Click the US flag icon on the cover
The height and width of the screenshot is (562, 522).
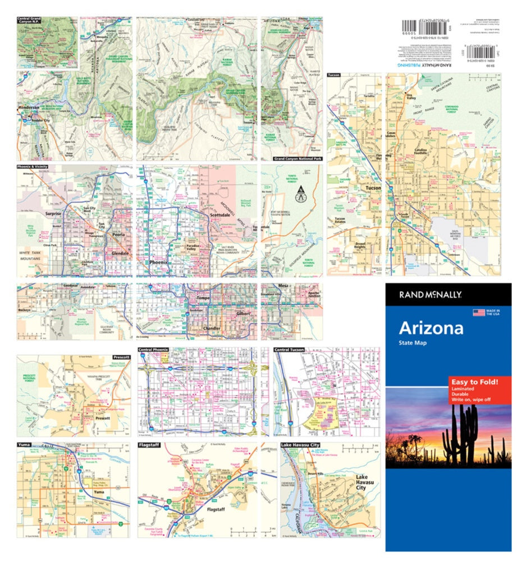pyautogui.click(x=478, y=312)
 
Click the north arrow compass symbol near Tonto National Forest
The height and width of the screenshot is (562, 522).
pyautogui.click(x=301, y=197)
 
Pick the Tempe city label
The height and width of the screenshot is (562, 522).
pyautogui.click(x=203, y=298)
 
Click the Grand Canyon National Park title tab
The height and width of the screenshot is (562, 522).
pyautogui.click(x=295, y=159)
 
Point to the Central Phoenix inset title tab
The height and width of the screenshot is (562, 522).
pyautogui.click(x=154, y=350)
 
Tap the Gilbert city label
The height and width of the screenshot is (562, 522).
pyautogui.click(x=242, y=312)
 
